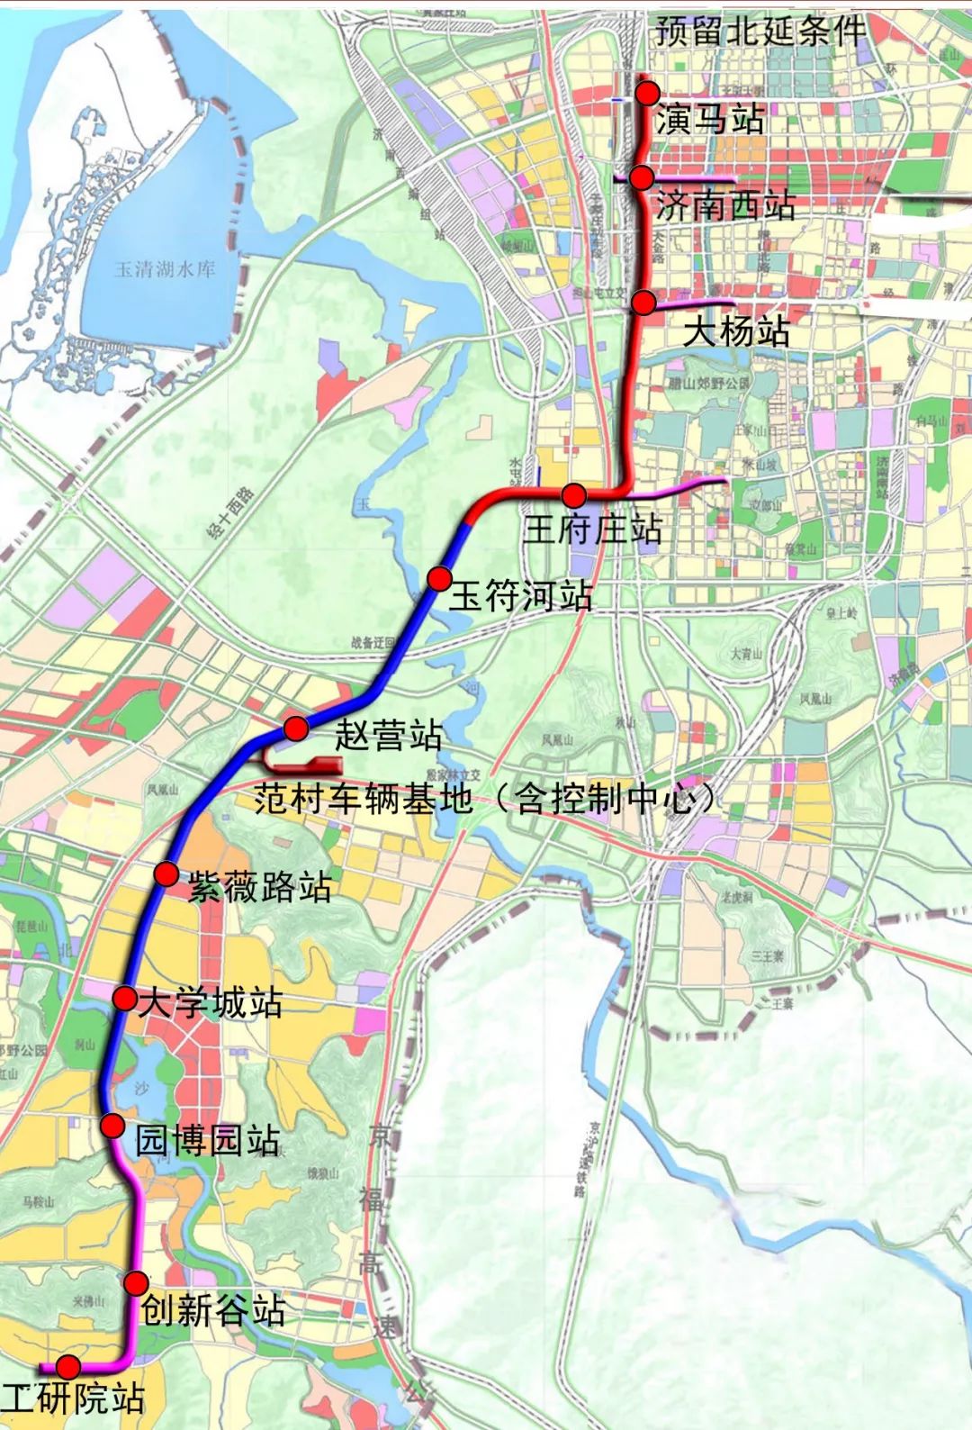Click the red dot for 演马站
(647, 93)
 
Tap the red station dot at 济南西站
(641, 177)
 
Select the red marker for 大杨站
(643, 303)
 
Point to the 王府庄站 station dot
(574, 494)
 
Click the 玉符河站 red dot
(439, 578)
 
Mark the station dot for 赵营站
(296, 727)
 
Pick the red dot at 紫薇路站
(166, 873)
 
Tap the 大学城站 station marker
(125, 998)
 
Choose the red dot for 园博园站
(112, 1126)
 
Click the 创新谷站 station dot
(136, 1283)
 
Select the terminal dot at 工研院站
(68, 1366)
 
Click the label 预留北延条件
(760, 32)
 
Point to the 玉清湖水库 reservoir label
(165, 268)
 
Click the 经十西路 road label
(231, 512)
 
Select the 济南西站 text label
(725, 206)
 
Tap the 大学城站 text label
(210, 1002)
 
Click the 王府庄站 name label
(593, 529)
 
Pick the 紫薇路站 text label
(259, 888)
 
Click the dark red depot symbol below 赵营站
(306, 766)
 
